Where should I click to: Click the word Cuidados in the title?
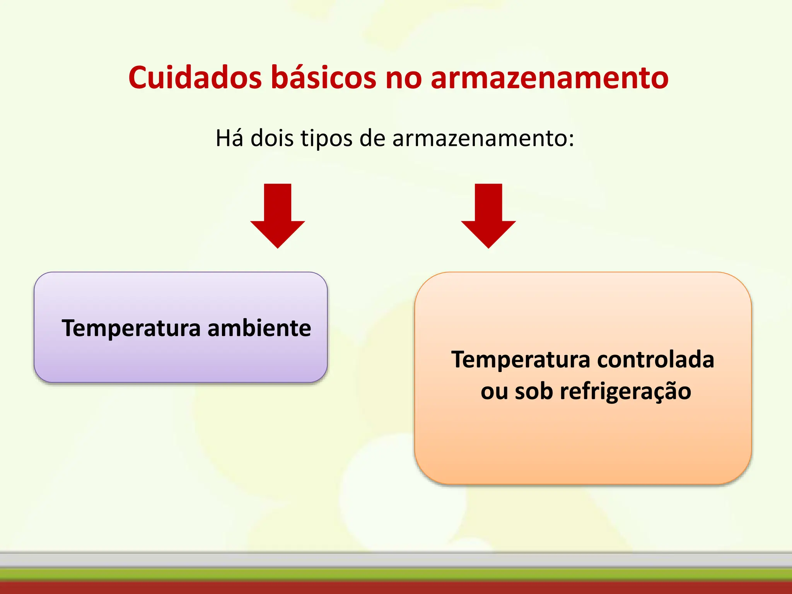pyautogui.click(x=195, y=77)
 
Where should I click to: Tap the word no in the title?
pyautogui.click(x=403, y=78)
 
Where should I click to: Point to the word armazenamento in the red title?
pyautogui.click(x=550, y=78)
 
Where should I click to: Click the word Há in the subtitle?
pyautogui.click(x=229, y=138)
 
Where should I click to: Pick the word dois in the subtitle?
pyautogui.click(x=272, y=138)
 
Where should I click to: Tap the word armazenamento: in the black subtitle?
pyautogui.click(x=483, y=138)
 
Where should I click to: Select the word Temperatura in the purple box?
pyautogui.click(x=131, y=328)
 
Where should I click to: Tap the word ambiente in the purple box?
pyautogui.click(x=259, y=328)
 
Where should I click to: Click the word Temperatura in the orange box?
pyautogui.click(x=521, y=360)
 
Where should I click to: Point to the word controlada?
pyautogui.click(x=655, y=360)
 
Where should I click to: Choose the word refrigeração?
pyautogui.click(x=625, y=391)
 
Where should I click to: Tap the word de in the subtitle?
pyautogui.click(x=372, y=138)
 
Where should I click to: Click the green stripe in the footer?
pyautogui.click(x=396, y=574)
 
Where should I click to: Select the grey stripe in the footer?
pyautogui.click(x=396, y=560)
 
